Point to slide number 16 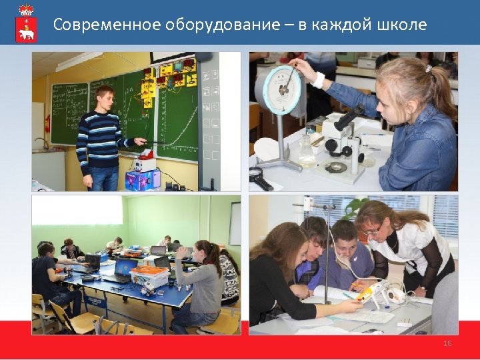[x=447, y=343]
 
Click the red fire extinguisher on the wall [x=47, y=123]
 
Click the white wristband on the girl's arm [x=319, y=81]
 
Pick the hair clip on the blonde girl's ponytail [x=427, y=67]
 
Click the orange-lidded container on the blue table [x=149, y=273]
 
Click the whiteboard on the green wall [x=235, y=223]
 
